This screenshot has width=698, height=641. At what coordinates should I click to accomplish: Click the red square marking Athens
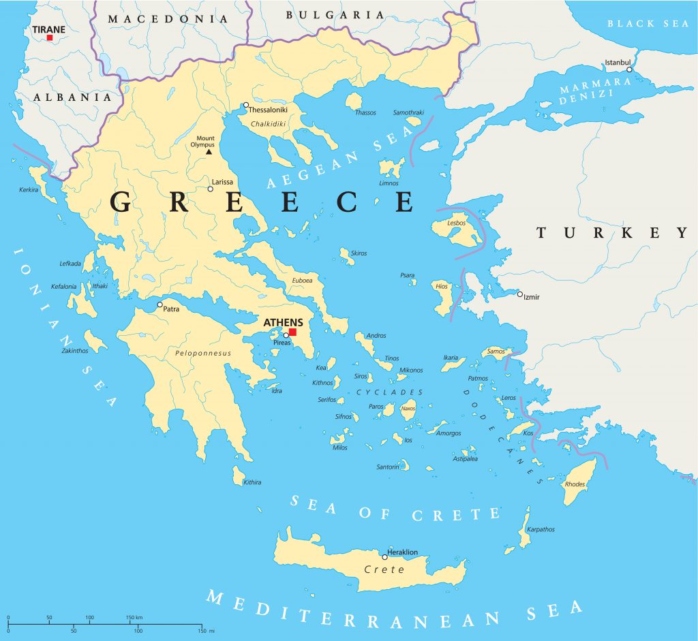(x=292, y=332)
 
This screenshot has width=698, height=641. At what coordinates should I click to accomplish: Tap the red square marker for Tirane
(x=50, y=37)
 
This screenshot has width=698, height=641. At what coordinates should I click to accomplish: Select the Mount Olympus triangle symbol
(x=209, y=152)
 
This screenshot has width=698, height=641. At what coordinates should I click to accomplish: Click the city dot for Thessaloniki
(x=246, y=105)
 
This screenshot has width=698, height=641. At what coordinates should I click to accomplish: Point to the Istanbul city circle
(x=629, y=69)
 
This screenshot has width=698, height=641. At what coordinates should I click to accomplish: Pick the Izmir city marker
(x=519, y=294)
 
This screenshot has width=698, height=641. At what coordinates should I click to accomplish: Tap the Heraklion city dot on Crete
(x=384, y=557)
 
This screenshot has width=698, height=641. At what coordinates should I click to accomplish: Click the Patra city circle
(x=160, y=304)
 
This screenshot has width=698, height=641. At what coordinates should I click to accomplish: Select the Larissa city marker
(x=211, y=189)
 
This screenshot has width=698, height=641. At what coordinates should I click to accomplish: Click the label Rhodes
(x=575, y=484)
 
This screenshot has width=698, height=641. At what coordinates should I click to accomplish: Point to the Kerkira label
(x=29, y=189)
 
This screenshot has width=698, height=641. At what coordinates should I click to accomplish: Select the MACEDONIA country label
(x=168, y=18)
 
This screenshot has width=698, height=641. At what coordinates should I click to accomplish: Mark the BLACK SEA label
(x=648, y=23)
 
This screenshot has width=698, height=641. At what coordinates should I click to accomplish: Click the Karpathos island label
(x=541, y=529)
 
